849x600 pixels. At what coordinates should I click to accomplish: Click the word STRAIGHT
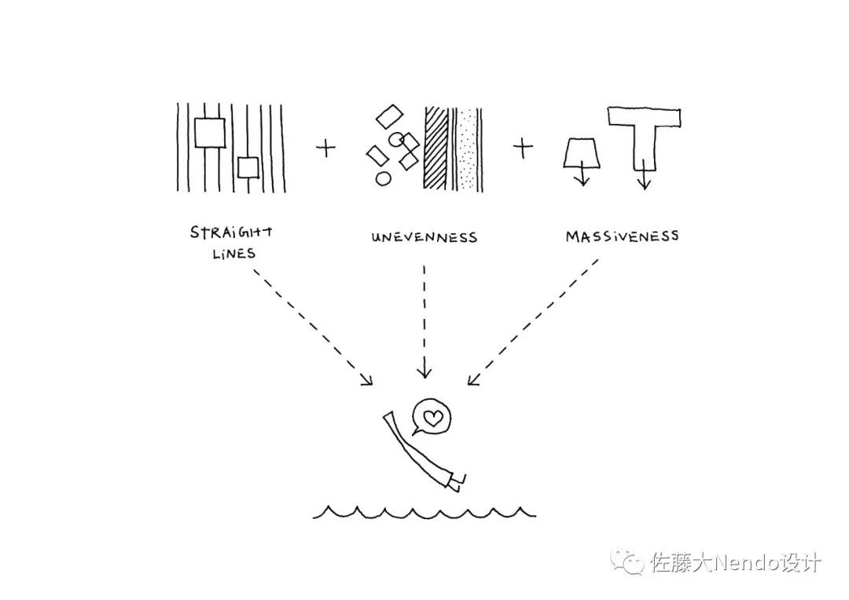(x=232, y=232)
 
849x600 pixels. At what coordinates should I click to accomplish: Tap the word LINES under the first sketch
(x=233, y=254)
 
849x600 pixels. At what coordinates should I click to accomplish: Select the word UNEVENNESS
(x=424, y=236)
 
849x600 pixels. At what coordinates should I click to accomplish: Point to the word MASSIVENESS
(x=622, y=236)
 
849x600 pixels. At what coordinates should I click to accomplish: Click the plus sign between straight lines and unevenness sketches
(x=325, y=148)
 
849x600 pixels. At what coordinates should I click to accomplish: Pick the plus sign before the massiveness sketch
(x=523, y=148)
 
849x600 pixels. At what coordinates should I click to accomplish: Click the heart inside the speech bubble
(x=432, y=417)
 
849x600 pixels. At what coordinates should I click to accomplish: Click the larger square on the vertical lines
(x=210, y=132)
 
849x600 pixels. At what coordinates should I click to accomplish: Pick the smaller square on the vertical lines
(x=248, y=167)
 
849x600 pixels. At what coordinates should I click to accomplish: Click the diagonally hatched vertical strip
(x=436, y=148)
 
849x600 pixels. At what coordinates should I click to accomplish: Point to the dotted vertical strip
(x=469, y=148)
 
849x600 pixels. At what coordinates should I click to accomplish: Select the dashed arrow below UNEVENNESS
(x=424, y=322)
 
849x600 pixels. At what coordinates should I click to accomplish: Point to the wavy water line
(x=424, y=513)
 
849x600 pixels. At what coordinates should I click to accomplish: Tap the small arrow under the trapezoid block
(x=582, y=177)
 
